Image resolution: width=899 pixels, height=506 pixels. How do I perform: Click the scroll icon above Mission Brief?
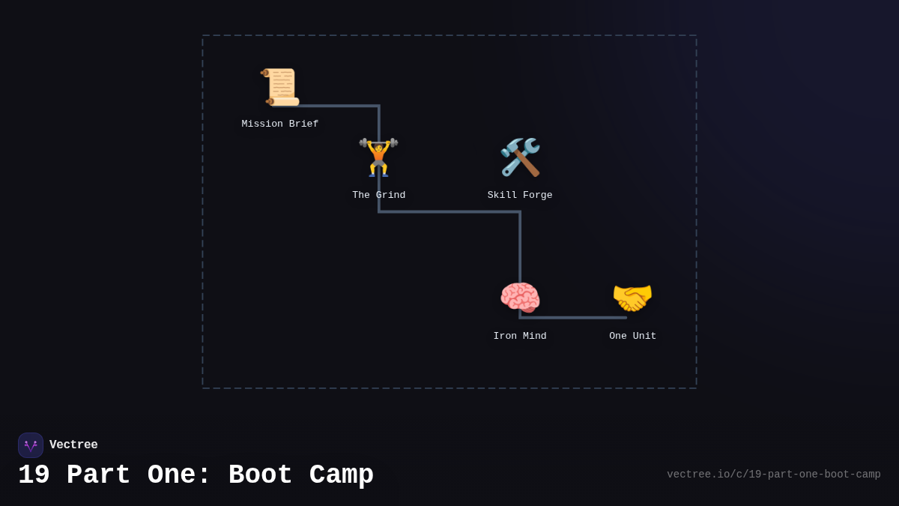[x=280, y=87]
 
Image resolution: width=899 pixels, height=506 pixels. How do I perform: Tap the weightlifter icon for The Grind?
[x=378, y=157]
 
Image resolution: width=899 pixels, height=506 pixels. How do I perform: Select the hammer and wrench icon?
[x=520, y=157]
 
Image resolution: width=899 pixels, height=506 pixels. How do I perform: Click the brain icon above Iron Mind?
[x=520, y=298]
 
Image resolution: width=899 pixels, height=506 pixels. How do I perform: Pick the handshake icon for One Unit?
[x=632, y=298]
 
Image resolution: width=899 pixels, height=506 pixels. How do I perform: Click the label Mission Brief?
[x=280, y=124]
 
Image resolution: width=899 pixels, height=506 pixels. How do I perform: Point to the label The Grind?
[x=378, y=195]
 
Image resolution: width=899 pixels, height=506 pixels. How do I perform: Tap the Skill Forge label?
[x=520, y=195]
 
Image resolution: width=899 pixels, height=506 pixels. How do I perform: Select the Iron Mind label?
[x=520, y=336]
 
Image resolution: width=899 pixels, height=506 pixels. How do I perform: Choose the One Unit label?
[x=632, y=336]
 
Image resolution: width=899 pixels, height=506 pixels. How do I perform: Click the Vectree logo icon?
[x=31, y=445]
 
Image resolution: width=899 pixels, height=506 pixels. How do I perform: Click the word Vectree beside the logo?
[x=73, y=445]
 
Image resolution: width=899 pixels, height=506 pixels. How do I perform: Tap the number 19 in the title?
[x=34, y=475]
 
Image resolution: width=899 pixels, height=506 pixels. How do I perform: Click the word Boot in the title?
[x=260, y=475]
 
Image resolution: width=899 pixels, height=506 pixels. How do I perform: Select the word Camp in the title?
[x=341, y=475]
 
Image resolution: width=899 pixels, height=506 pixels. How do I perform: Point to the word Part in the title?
[x=98, y=475]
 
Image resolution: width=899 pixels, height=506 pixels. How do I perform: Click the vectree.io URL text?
[x=773, y=475]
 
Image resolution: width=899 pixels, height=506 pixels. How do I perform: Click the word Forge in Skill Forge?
[x=537, y=195]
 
